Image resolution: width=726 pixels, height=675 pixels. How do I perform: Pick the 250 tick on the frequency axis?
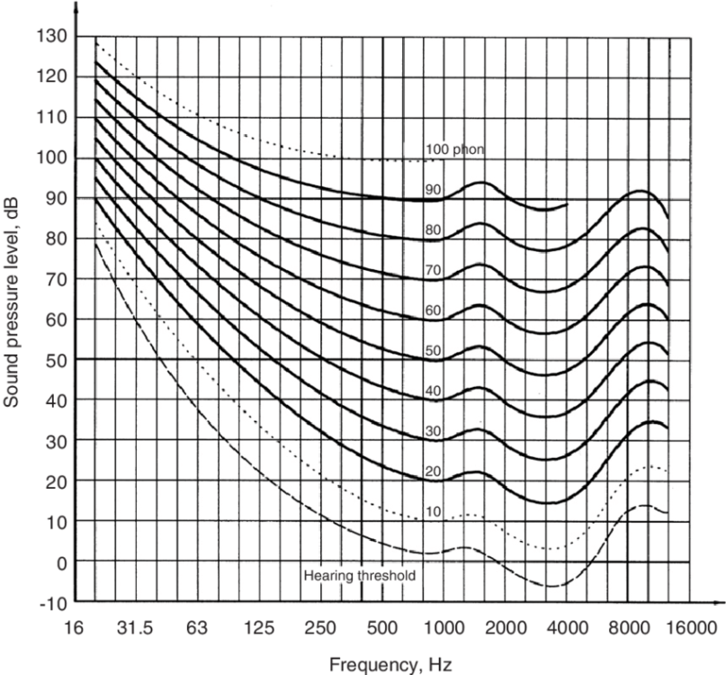[320, 626]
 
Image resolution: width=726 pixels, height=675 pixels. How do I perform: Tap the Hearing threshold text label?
[360, 576]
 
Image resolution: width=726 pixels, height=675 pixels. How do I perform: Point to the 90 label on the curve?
[434, 189]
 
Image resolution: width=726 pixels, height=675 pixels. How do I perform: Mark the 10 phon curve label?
[434, 512]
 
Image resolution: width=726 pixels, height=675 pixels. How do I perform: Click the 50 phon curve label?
[434, 351]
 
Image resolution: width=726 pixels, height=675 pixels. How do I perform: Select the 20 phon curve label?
[434, 472]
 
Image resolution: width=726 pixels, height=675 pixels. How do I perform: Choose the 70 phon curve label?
[434, 270]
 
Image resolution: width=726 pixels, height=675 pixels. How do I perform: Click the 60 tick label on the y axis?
[52, 319]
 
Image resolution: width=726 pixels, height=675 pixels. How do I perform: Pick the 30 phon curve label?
[434, 431]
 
